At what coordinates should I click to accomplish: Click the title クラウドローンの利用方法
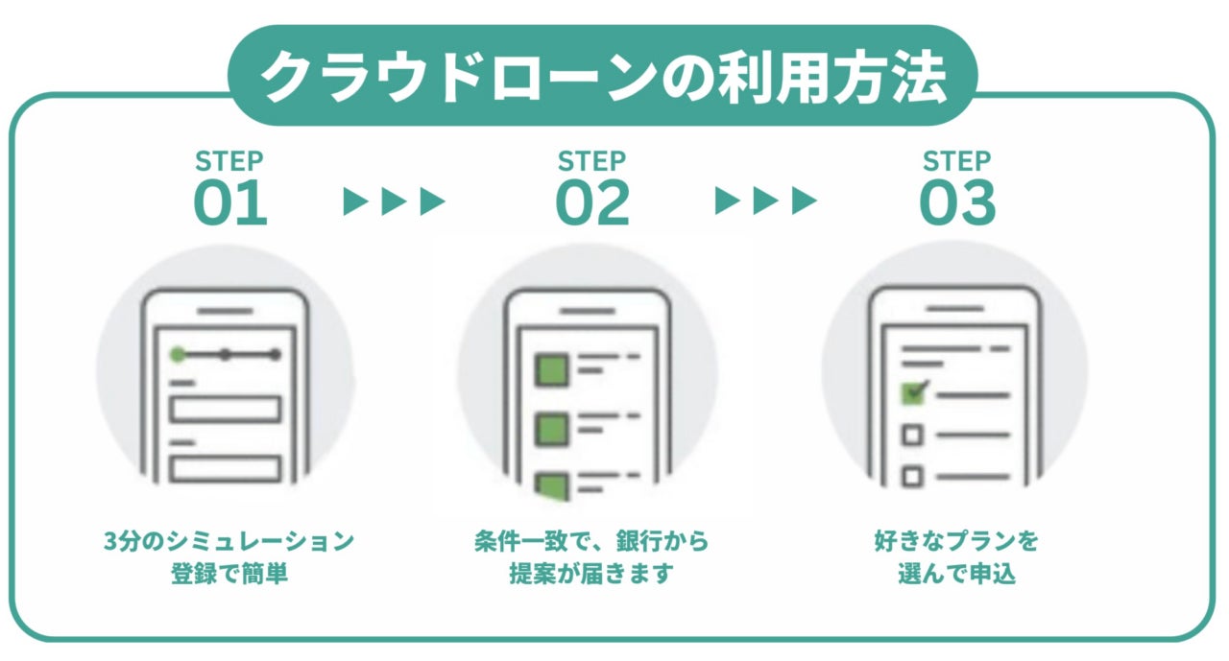tap(603, 77)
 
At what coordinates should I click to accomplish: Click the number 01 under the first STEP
tap(230, 203)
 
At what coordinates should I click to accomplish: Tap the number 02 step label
tap(592, 203)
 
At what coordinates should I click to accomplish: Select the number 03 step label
tap(957, 203)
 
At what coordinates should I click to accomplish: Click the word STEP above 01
tap(229, 160)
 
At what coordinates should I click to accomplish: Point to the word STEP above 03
tap(957, 160)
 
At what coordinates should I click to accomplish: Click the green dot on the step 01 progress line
tap(177, 355)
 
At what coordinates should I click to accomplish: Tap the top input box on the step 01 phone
tap(225, 409)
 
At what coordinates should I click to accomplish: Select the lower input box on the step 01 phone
tap(225, 468)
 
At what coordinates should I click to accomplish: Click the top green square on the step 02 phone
tap(551, 368)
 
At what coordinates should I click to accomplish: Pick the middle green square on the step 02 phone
tap(551, 427)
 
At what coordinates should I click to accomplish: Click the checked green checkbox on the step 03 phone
tap(913, 393)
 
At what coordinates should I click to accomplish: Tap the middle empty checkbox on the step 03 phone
tap(913, 436)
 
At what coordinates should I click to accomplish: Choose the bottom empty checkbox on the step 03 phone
tap(913, 475)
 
